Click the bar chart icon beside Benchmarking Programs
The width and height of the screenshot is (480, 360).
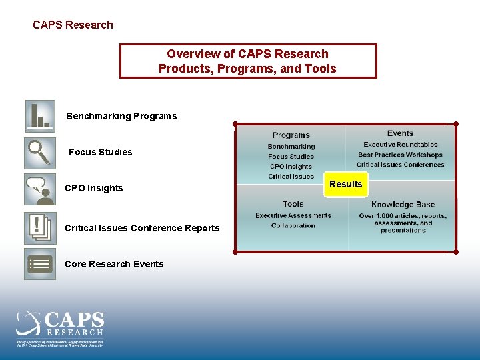(x=39, y=116)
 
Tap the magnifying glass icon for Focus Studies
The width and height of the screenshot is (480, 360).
(x=39, y=153)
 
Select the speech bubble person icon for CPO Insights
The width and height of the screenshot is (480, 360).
(x=39, y=189)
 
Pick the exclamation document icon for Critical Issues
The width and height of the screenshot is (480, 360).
(x=39, y=228)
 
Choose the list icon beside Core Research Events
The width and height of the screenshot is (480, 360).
(x=39, y=264)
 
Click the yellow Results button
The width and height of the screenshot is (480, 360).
(x=345, y=184)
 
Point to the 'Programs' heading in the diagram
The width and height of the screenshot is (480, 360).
(x=291, y=135)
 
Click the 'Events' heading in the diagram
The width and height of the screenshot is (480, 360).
(x=400, y=133)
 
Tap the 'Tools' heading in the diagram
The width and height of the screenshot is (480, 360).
(x=293, y=204)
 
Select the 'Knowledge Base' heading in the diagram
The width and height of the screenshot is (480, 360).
(x=403, y=205)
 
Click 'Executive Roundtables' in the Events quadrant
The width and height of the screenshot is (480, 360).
(x=401, y=145)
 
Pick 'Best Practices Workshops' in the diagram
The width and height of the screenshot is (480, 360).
(x=400, y=155)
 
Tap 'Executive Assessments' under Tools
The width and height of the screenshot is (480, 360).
(x=293, y=215)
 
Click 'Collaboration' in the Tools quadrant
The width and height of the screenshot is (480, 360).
(x=293, y=225)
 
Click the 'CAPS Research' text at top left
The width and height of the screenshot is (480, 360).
(x=73, y=25)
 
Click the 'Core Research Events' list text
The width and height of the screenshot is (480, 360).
(x=114, y=264)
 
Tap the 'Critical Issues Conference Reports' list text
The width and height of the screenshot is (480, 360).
(x=142, y=228)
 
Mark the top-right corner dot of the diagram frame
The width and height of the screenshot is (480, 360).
(x=456, y=124)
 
